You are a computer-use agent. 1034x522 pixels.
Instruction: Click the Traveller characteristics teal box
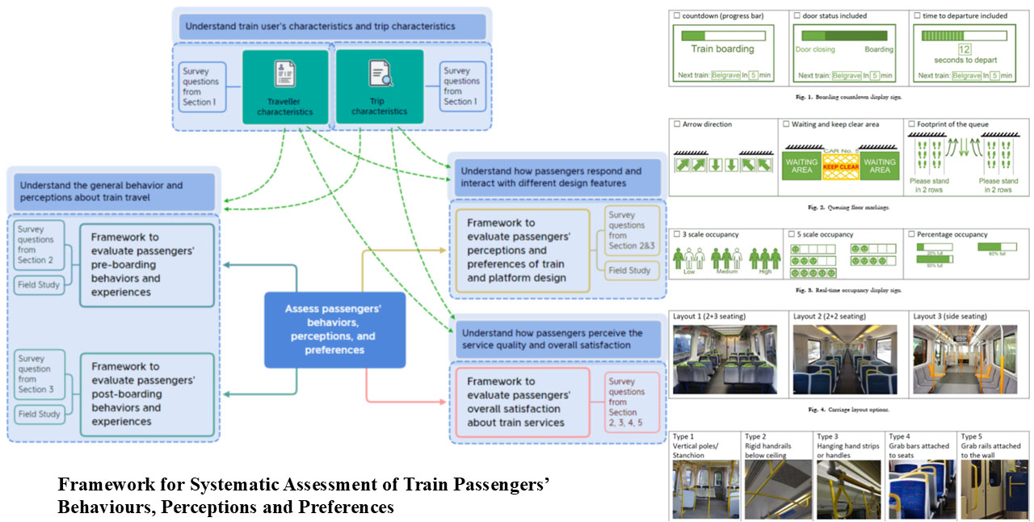click(285, 86)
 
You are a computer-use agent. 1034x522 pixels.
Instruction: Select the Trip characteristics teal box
click(380, 86)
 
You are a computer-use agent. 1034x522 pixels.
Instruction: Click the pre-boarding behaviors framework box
click(147, 265)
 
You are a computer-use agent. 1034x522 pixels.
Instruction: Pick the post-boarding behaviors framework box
click(147, 394)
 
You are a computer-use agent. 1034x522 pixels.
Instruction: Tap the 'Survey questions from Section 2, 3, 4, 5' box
click(633, 402)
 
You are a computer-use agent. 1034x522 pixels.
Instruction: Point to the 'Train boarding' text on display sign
click(722, 48)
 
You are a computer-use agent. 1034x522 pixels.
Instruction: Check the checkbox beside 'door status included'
click(796, 15)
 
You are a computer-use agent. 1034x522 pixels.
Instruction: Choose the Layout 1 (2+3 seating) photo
click(725, 360)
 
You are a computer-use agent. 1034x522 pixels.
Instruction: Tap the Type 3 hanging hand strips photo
click(848, 490)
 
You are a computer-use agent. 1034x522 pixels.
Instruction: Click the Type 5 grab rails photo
click(994, 490)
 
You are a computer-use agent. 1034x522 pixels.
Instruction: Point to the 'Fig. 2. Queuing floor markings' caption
click(847, 208)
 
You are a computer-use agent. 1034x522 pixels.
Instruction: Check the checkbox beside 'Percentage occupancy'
click(914, 234)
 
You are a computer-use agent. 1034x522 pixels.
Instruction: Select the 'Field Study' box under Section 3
click(40, 414)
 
